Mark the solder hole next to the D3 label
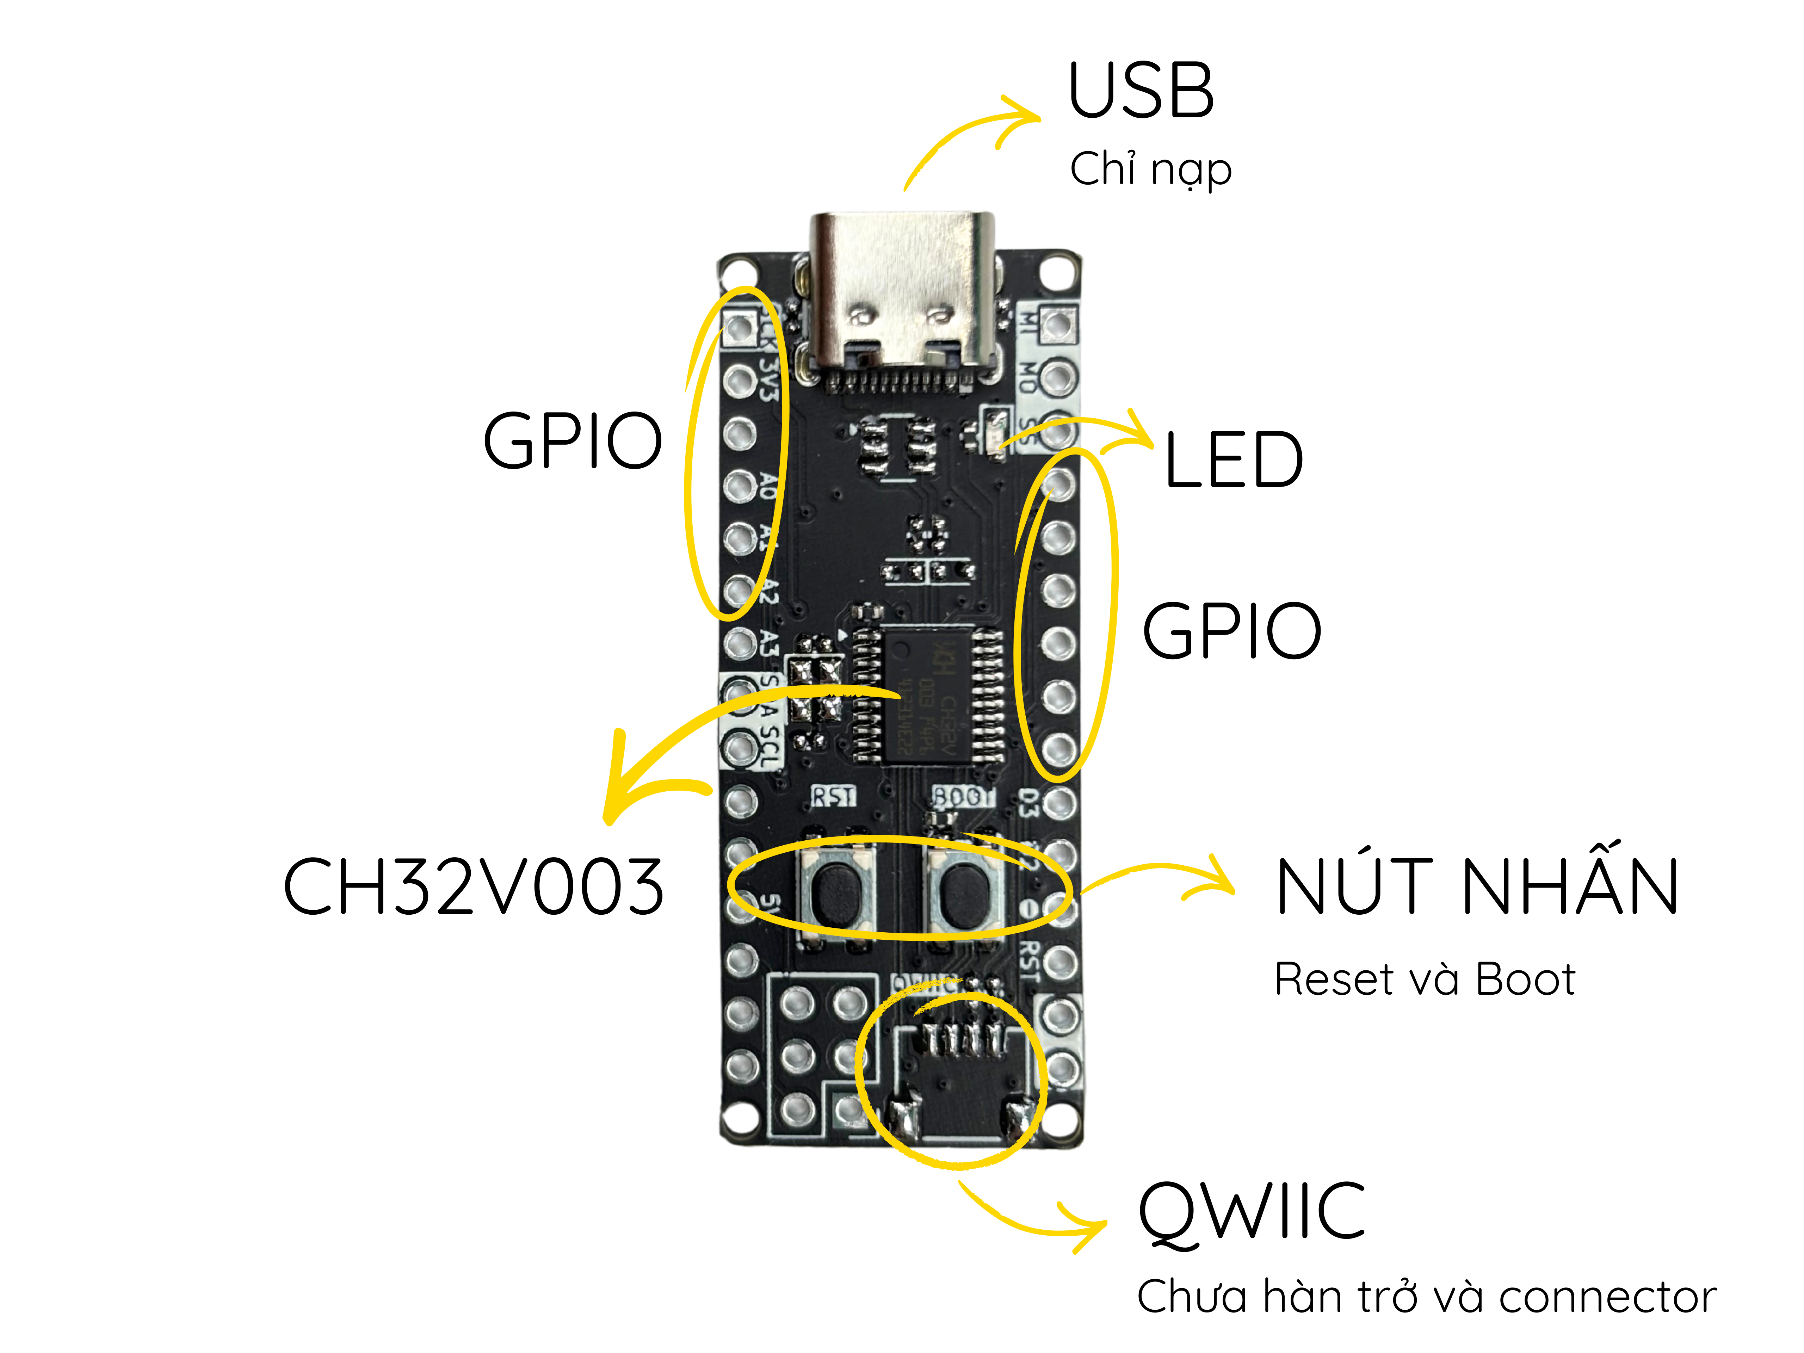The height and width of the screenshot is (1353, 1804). [1059, 803]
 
